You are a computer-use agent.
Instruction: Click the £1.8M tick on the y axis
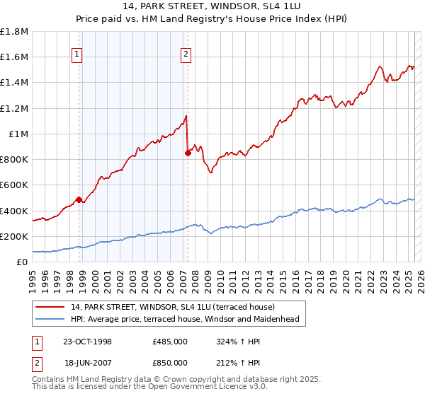14,32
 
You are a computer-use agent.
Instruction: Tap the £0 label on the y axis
23,262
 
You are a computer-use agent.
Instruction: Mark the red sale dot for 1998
79,199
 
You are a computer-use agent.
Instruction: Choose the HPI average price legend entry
184,319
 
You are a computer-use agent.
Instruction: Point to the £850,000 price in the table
170,362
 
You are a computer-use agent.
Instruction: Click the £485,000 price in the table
170,342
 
